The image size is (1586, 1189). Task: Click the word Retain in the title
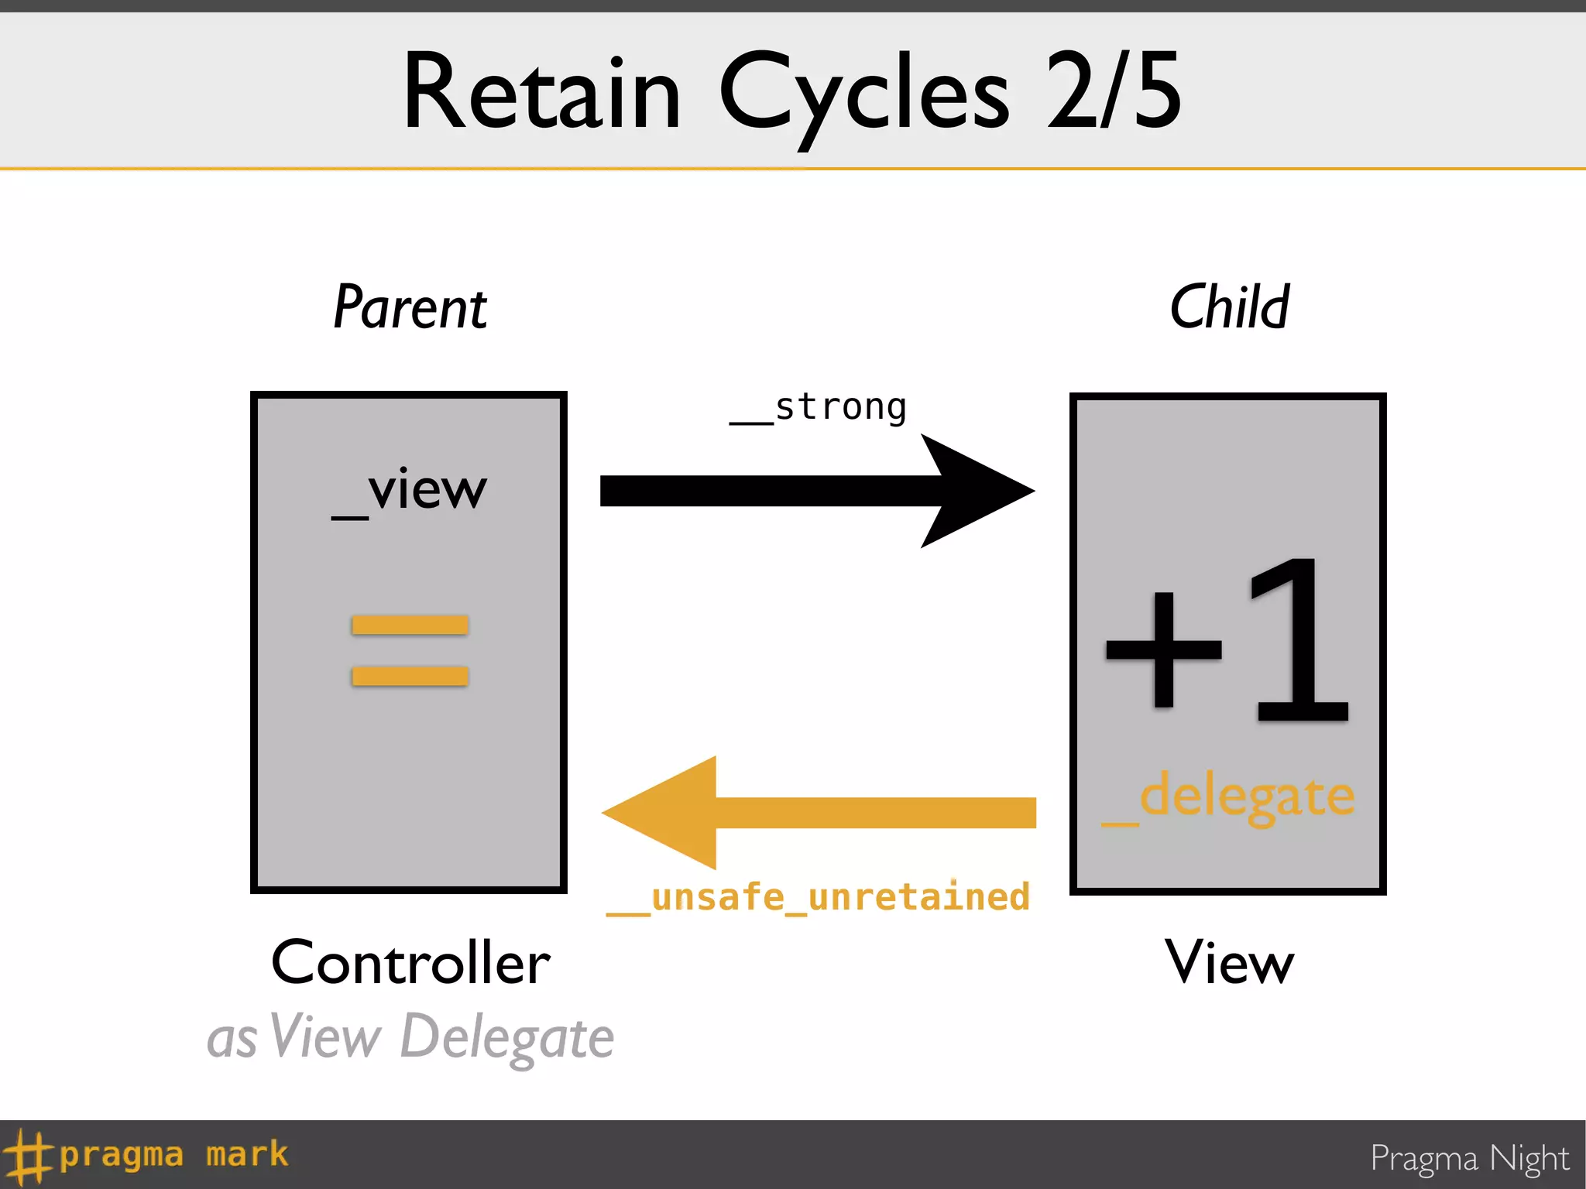click(x=541, y=93)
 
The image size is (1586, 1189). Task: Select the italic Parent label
click(x=410, y=307)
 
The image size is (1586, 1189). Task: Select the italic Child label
click(x=1229, y=307)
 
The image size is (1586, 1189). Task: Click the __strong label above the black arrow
click(x=819, y=407)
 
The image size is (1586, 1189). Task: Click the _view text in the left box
click(x=410, y=491)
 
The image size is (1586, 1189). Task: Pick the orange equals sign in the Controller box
click(x=410, y=650)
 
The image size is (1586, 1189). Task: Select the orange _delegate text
click(x=1229, y=797)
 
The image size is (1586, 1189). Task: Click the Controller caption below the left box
click(x=410, y=963)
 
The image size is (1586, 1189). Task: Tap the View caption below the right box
click(x=1229, y=963)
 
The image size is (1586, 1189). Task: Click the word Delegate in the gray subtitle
click(x=507, y=1037)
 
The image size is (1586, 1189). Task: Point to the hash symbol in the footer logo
click(x=26, y=1156)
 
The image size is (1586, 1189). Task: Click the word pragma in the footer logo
click(x=122, y=1155)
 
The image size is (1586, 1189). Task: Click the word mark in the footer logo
click(x=247, y=1154)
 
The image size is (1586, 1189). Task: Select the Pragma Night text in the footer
click(x=1469, y=1159)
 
